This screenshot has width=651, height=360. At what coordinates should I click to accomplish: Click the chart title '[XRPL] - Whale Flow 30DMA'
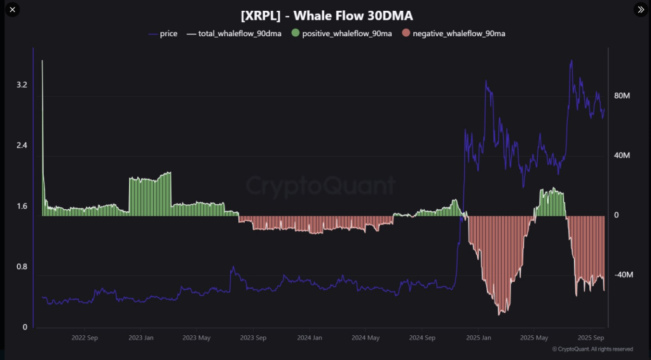[326, 15]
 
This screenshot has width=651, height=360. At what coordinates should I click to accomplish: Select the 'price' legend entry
[168, 33]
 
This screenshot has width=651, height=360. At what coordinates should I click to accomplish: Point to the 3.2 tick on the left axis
[22, 85]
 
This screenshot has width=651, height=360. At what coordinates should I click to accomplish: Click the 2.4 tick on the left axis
[22, 146]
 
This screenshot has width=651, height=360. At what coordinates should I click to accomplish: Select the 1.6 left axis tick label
[22, 206]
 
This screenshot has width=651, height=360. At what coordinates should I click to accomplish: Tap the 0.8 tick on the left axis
[22, 267]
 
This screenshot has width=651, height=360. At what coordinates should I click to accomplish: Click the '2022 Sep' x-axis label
[85, 338]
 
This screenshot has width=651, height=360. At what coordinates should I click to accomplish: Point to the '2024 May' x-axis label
[366, 338]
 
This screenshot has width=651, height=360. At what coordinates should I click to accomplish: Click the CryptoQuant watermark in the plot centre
[320, 186]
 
